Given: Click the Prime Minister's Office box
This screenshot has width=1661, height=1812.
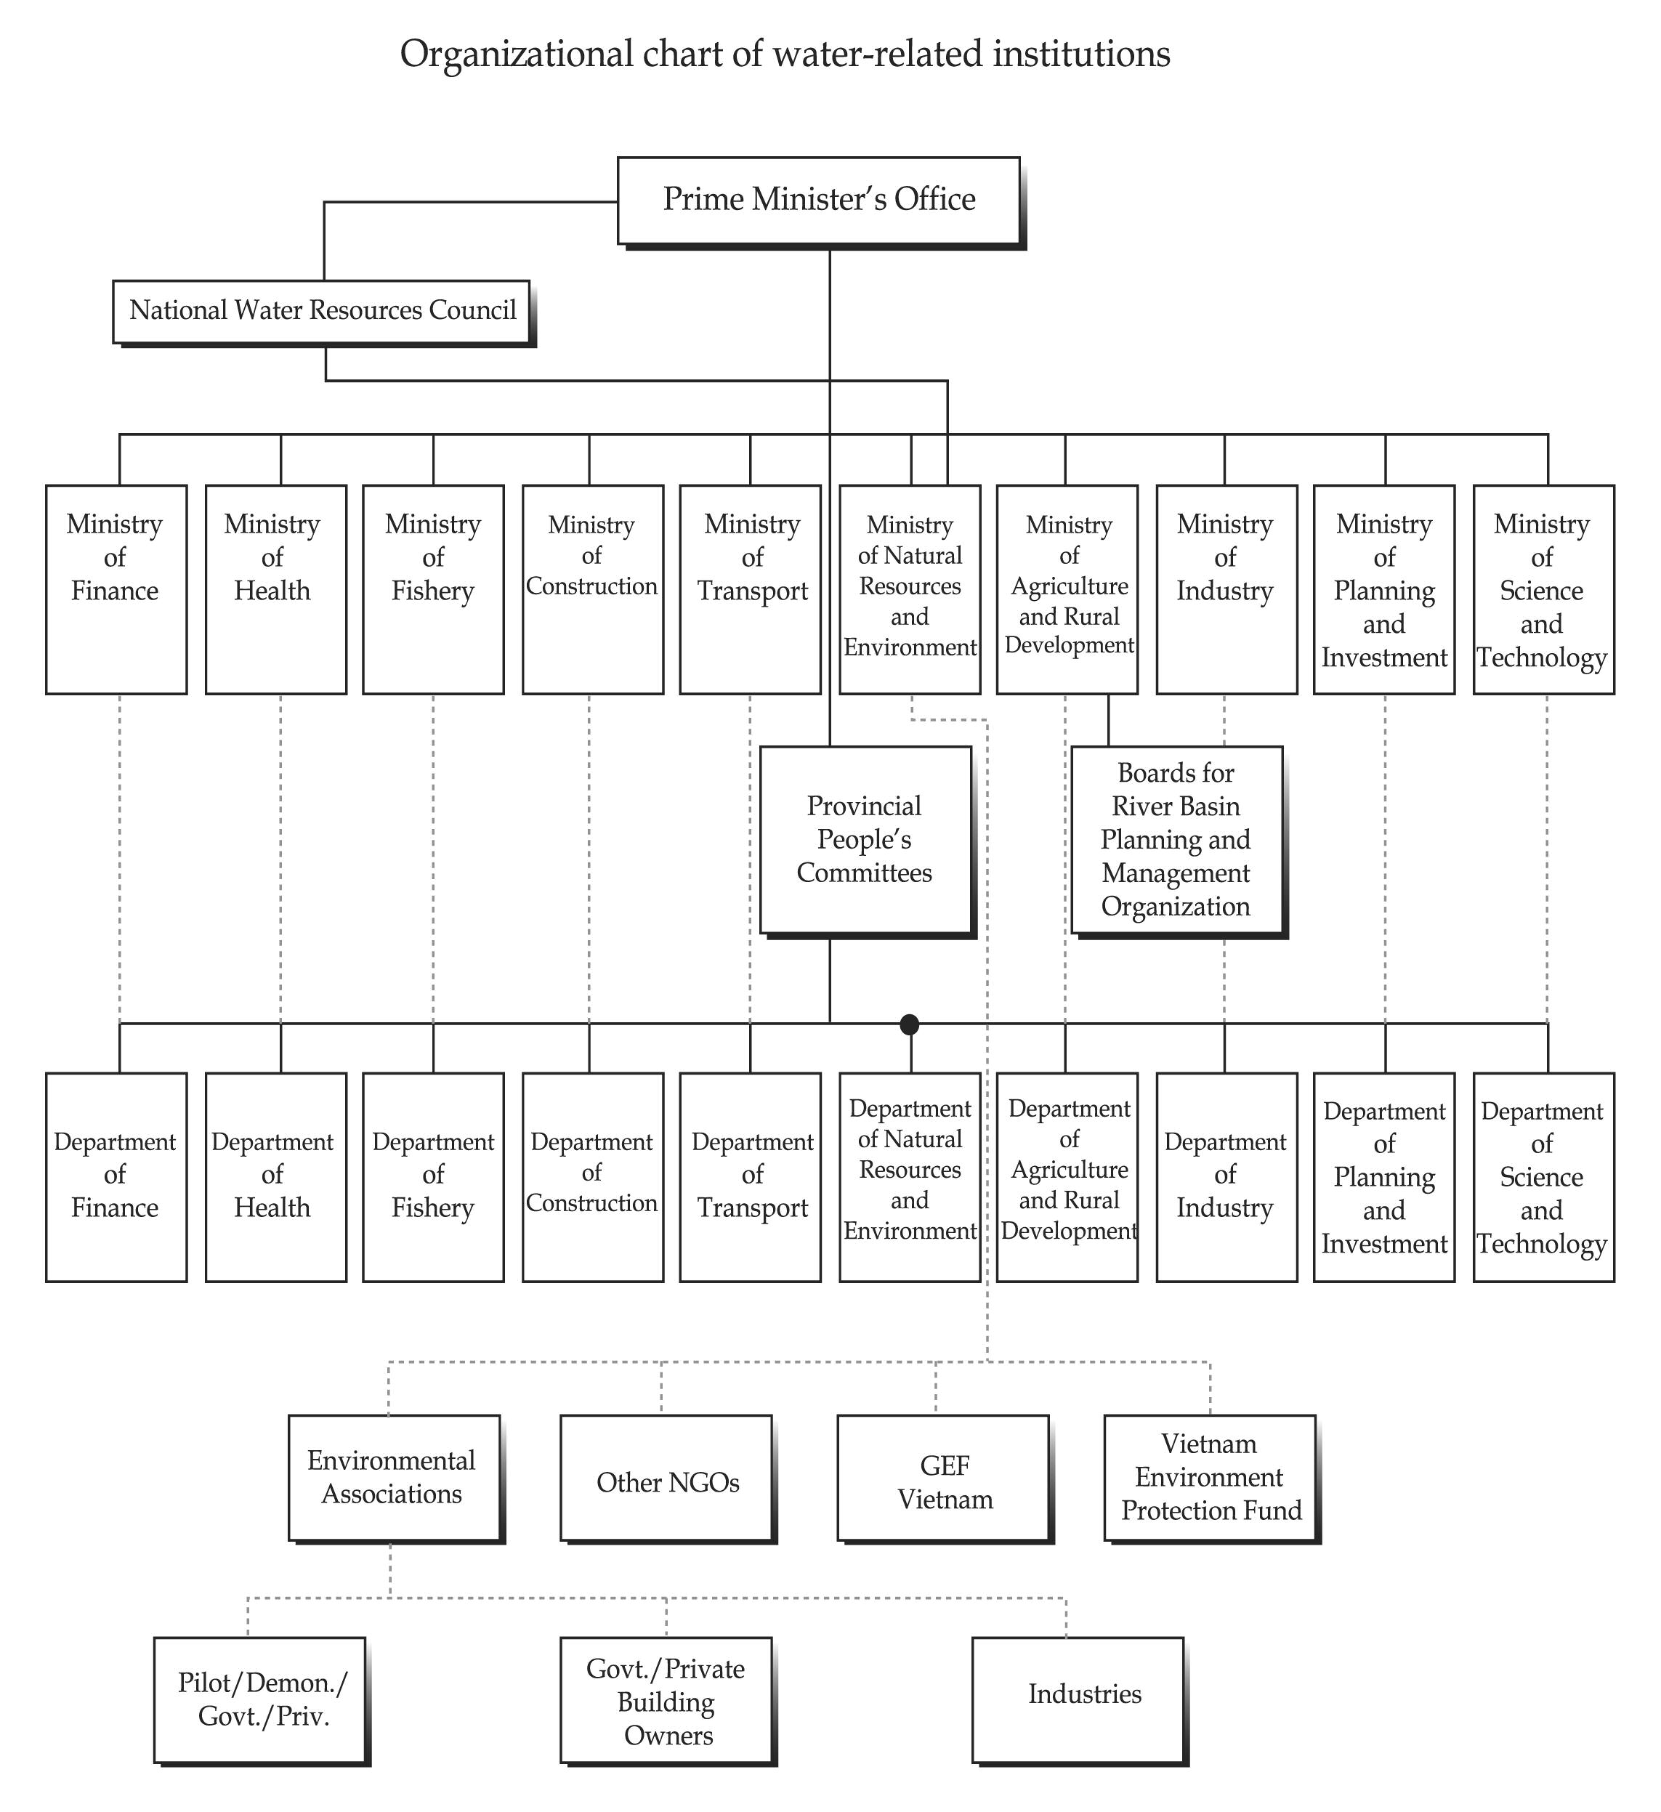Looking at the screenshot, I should pos(818,201).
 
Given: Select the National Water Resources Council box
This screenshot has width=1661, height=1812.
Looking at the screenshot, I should pos(321,311).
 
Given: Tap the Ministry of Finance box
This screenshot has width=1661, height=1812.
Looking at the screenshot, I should pos(116,590).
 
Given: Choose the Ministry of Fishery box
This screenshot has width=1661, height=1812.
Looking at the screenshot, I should pos(433,590).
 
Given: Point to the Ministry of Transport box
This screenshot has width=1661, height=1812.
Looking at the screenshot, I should pos(751,590).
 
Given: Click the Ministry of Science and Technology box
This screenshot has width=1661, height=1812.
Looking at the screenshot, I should pos(1543,590).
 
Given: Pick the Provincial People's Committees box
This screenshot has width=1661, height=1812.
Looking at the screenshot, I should pos(865,839).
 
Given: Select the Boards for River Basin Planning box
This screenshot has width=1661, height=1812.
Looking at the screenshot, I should pos(1176,839).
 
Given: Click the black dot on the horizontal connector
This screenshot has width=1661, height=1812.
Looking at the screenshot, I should pos(910,1024).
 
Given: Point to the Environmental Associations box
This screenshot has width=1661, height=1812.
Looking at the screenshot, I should pos(394,1478).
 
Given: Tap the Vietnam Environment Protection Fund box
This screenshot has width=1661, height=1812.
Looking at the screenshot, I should pos(1210,1478).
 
